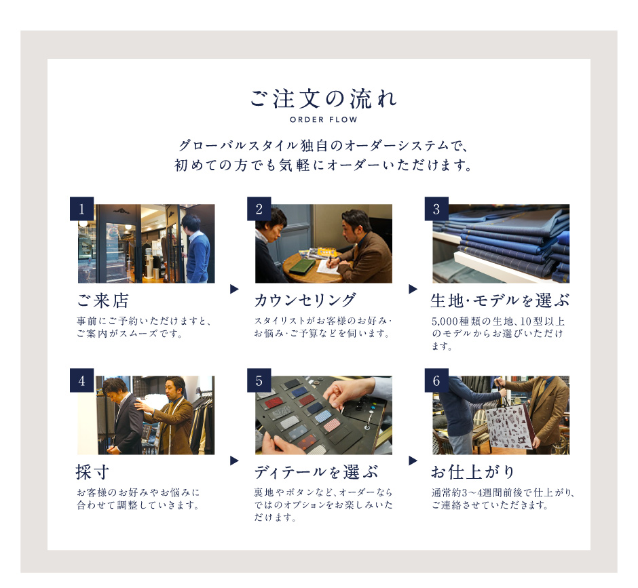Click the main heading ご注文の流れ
[323, 99]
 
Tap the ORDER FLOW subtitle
[324, 119]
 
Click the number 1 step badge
[81, 209]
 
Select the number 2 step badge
[259, 209]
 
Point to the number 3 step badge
[436, 209]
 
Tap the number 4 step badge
[81, 380]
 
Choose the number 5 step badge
[259, 380]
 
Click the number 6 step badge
[436, 380]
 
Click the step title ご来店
[103, 301]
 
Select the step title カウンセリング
[305, 300]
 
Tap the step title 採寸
[93, 473]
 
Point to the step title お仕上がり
[473, 472]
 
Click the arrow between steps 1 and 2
[234, 289]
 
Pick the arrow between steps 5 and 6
[413, 460]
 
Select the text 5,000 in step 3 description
[445, 321]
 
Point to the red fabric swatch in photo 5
[272, 403]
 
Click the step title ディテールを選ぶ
[316, 472]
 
